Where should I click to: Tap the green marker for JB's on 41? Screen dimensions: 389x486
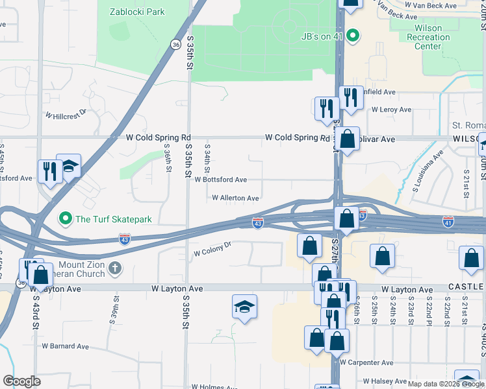[x=353, y=36]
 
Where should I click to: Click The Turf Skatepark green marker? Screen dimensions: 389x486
[x=65, y=218]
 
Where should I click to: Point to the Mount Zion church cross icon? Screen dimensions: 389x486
[x=115, y=268]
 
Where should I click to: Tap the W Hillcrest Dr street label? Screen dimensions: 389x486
[x=66, y=115]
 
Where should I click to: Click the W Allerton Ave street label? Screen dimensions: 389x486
[x=235, y=198]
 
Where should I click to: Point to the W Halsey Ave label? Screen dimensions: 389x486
[x=387, y=381]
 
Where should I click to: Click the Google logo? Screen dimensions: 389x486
[x=21, y=381]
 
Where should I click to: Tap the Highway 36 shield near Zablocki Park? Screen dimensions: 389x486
[x=176, y=44]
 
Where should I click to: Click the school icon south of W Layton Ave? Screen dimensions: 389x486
[x=244, y=307]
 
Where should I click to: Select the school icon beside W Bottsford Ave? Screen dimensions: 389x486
[x=68, y=167]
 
